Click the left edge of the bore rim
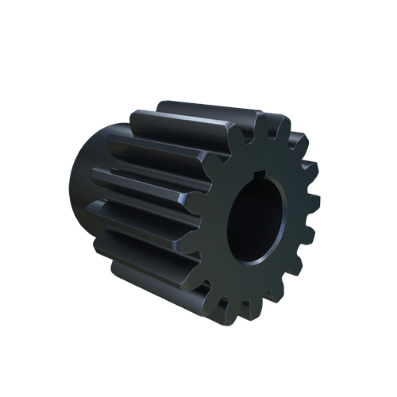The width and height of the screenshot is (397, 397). click(228, 226)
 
